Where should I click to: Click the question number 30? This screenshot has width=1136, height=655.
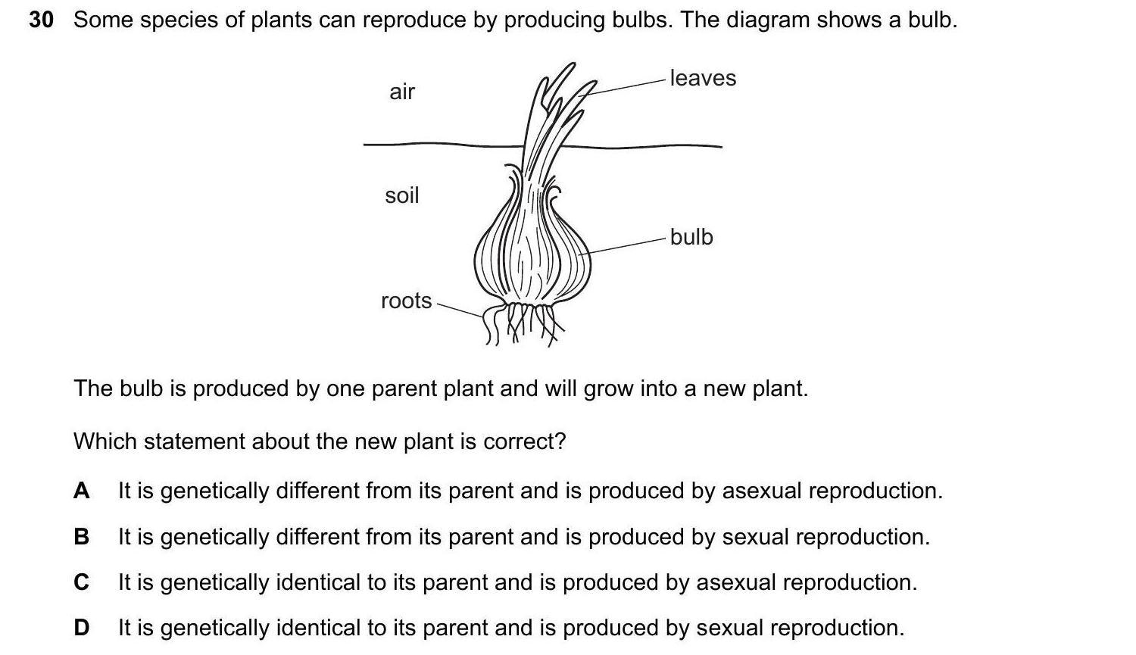coord(41,20)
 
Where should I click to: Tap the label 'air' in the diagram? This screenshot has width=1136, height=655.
coord(402,92)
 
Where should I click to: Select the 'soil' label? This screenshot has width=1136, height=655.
coord(402,195)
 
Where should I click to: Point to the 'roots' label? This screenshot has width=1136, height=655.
coord(406,301)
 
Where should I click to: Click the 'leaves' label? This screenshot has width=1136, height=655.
coord(703,78)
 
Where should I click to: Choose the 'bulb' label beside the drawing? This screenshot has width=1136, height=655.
coord(691,237)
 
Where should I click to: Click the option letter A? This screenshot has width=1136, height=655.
coord(82,491)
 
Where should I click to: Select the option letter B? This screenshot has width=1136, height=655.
coord(82,537)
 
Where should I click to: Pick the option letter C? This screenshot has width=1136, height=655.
coord(82,582)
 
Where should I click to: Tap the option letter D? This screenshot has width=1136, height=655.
coord(82,628)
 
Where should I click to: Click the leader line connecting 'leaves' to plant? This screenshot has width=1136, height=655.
coord(627,85)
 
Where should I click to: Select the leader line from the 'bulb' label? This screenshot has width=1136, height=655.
coord(627,245)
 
